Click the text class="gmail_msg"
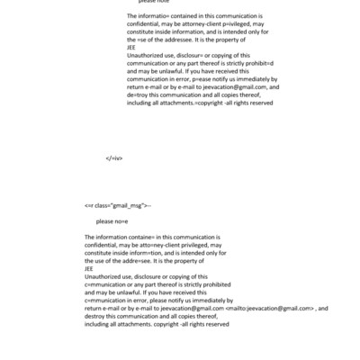coord(118,205)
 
